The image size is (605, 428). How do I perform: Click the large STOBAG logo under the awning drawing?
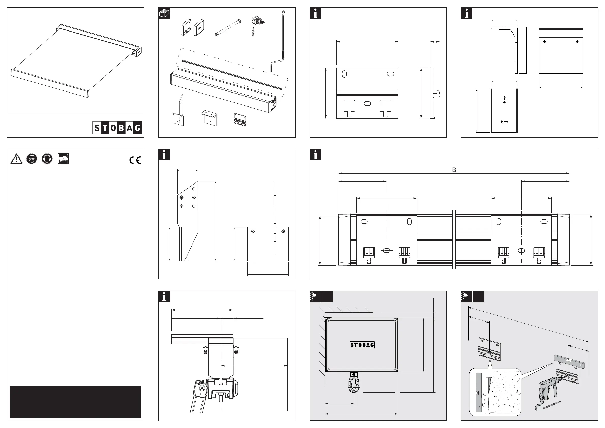point(117,128)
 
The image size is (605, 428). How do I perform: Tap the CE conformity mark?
point(135,160)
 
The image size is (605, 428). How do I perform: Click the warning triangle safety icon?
point(16,159)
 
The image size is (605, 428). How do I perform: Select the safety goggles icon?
point(32,159)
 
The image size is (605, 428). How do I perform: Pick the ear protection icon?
point(47,159)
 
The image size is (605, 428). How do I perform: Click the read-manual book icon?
point(63,159)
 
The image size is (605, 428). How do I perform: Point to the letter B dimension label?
point(454,170)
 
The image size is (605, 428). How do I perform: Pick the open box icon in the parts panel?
point(164,13)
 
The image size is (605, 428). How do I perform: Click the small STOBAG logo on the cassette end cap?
point(362,345)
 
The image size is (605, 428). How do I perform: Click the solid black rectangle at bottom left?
point(75,402)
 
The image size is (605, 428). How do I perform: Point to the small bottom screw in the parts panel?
point(253,33)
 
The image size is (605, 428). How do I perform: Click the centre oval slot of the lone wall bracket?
point(367,104)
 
